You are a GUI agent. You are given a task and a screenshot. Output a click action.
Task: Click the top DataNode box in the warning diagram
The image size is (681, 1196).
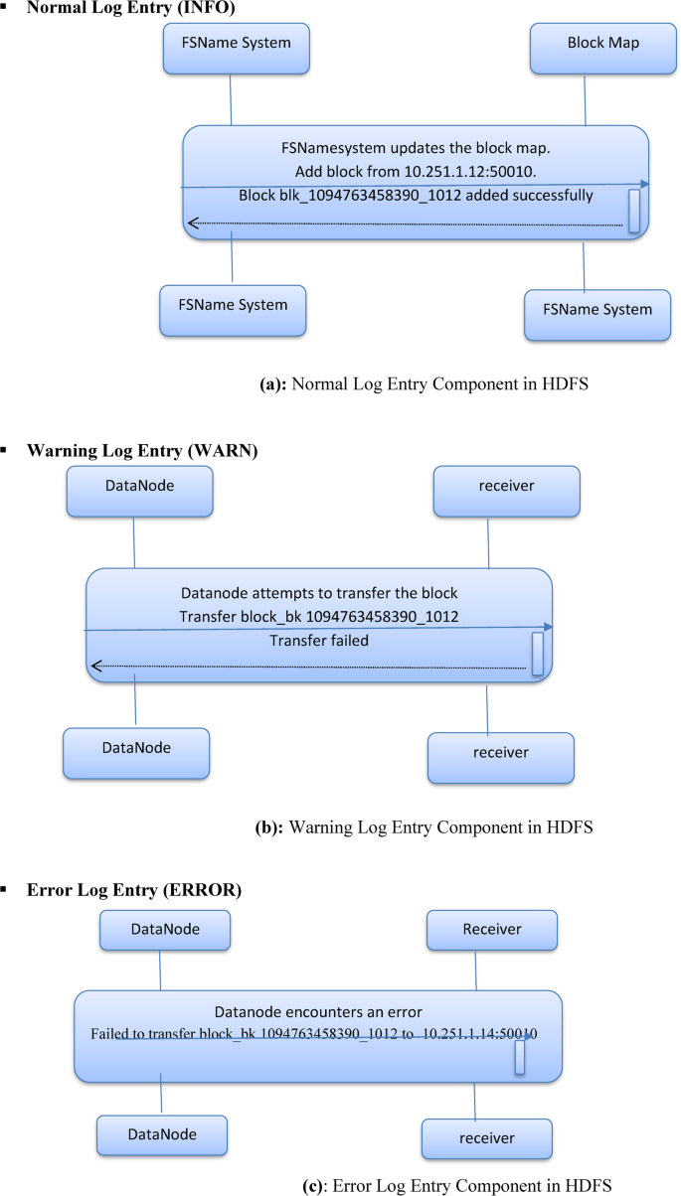coord(140,492)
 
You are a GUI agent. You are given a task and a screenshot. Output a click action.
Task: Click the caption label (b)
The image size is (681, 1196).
coord(270,825)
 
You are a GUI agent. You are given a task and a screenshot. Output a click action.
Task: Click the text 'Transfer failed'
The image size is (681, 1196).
coord(319,641)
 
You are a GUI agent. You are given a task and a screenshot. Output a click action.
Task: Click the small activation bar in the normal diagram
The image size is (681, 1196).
coord(633,209)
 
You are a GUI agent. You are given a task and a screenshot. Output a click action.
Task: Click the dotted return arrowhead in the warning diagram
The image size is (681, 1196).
coord(95,666)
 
